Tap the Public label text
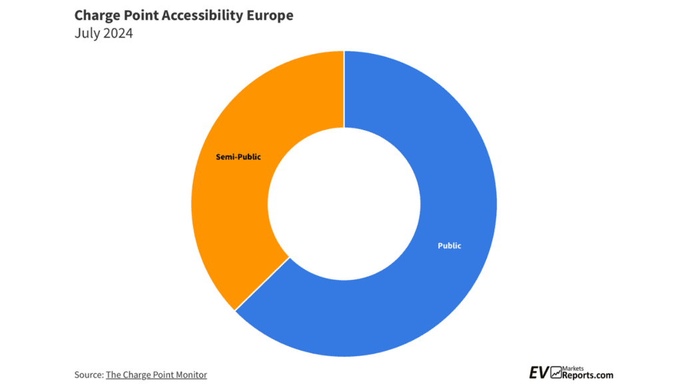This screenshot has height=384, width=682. (x=449, y=246)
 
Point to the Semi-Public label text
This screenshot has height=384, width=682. (x=238, y=157)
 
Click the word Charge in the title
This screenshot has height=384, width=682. (x=98, y=15)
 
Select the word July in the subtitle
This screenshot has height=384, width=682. (x=87, y=33)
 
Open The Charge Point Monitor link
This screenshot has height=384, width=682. (x=156, y=375)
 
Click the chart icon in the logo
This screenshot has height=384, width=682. (x=557, y=373)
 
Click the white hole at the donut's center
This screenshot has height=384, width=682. (x=344, y=203)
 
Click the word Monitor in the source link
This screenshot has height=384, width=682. (x=190, y=375)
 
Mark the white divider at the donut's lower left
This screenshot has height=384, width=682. (x=262, y=283)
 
